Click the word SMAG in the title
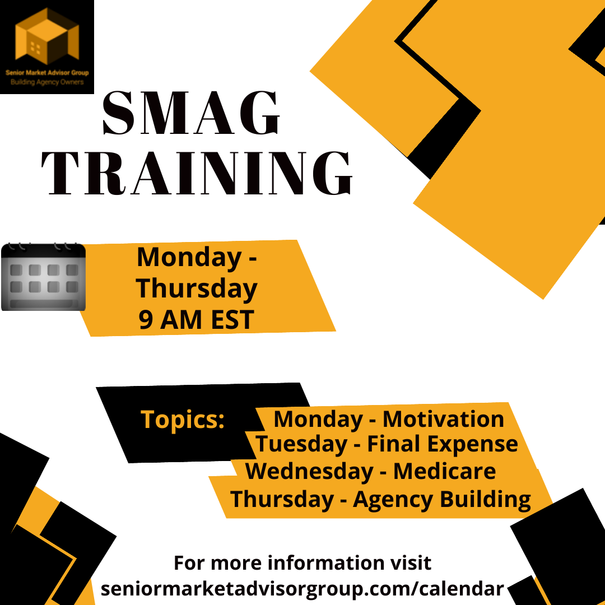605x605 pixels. click(x=191, y=113)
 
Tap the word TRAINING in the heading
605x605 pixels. click(x=197, y=173)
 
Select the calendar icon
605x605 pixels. click(x=43, y=277)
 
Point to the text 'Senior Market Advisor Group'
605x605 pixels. click(x=47, y=72)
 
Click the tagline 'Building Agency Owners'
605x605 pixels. click(x=47, y=82)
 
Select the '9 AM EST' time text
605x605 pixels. click(x=197, y=319)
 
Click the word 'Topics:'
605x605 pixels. click(x=183, y=420)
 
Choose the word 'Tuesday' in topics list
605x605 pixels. click(x=301, y=444)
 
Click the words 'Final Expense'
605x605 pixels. click(x=442, y=444)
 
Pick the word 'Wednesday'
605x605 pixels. click(x=309, y=471)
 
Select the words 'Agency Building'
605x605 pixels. click(x=442, y=500)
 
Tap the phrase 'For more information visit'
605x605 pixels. click(x=302, y=562)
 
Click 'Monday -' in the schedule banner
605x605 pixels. click(x=197, y=258)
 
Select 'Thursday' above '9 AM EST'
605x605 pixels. click(x=197, y=288)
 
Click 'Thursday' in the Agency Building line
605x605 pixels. click(x=282, y=500)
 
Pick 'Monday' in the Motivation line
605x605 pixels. click(x=318, y=420)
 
